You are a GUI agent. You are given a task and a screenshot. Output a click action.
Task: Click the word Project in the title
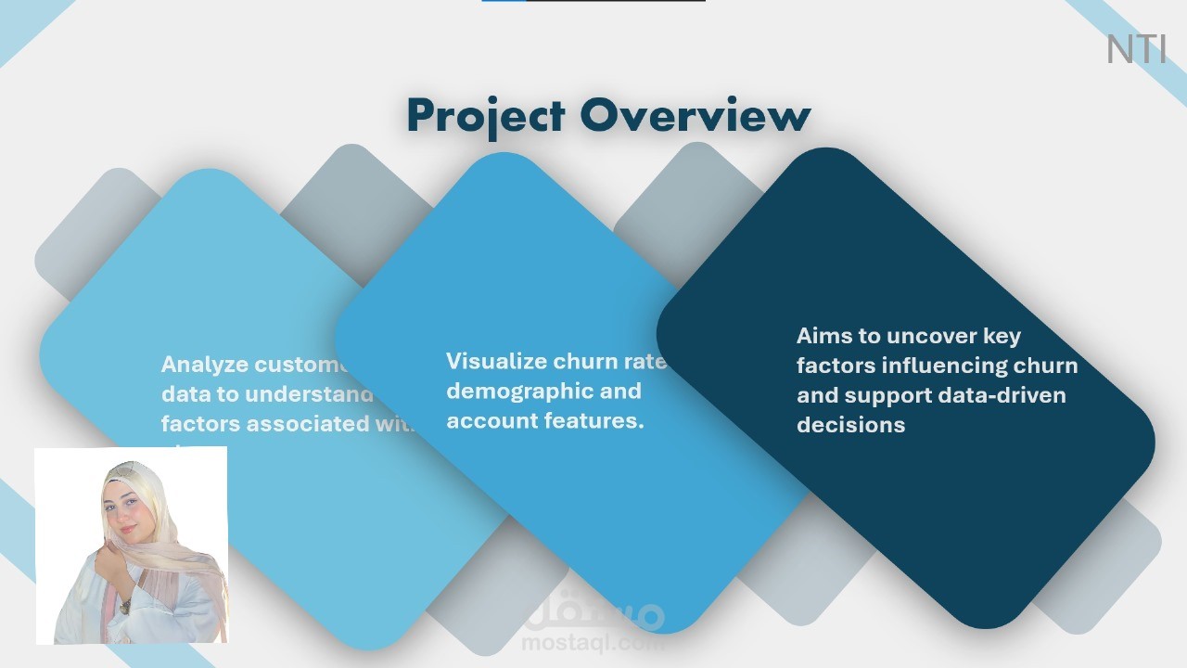[x=485, y=117]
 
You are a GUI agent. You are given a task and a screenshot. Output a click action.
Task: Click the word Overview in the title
[x=696, y=117]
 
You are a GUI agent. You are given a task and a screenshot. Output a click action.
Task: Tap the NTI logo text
[x=1136, y=50]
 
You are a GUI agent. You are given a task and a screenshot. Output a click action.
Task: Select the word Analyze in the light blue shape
[x=205, y=365]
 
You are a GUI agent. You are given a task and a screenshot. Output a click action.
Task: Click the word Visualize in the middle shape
[x=496, y=361]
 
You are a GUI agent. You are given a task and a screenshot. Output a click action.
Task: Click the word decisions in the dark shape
[x=850, y=425]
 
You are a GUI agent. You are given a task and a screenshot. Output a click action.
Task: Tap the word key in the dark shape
[x=1001, y=336]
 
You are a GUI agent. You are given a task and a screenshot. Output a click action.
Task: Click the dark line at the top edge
[x=616, y=1]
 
